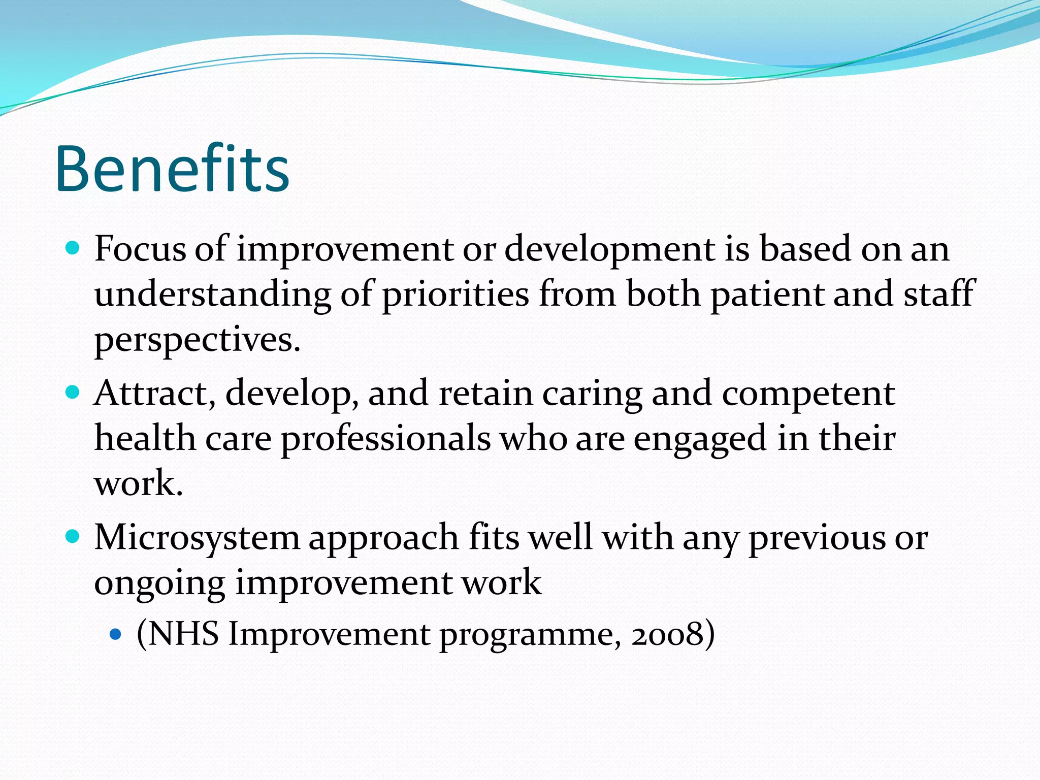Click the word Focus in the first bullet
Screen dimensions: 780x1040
[140, 249]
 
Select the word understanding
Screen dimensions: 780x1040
[212, 295]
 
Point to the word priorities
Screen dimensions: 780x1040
[455, 295]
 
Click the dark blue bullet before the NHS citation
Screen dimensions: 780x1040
[116, 634]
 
